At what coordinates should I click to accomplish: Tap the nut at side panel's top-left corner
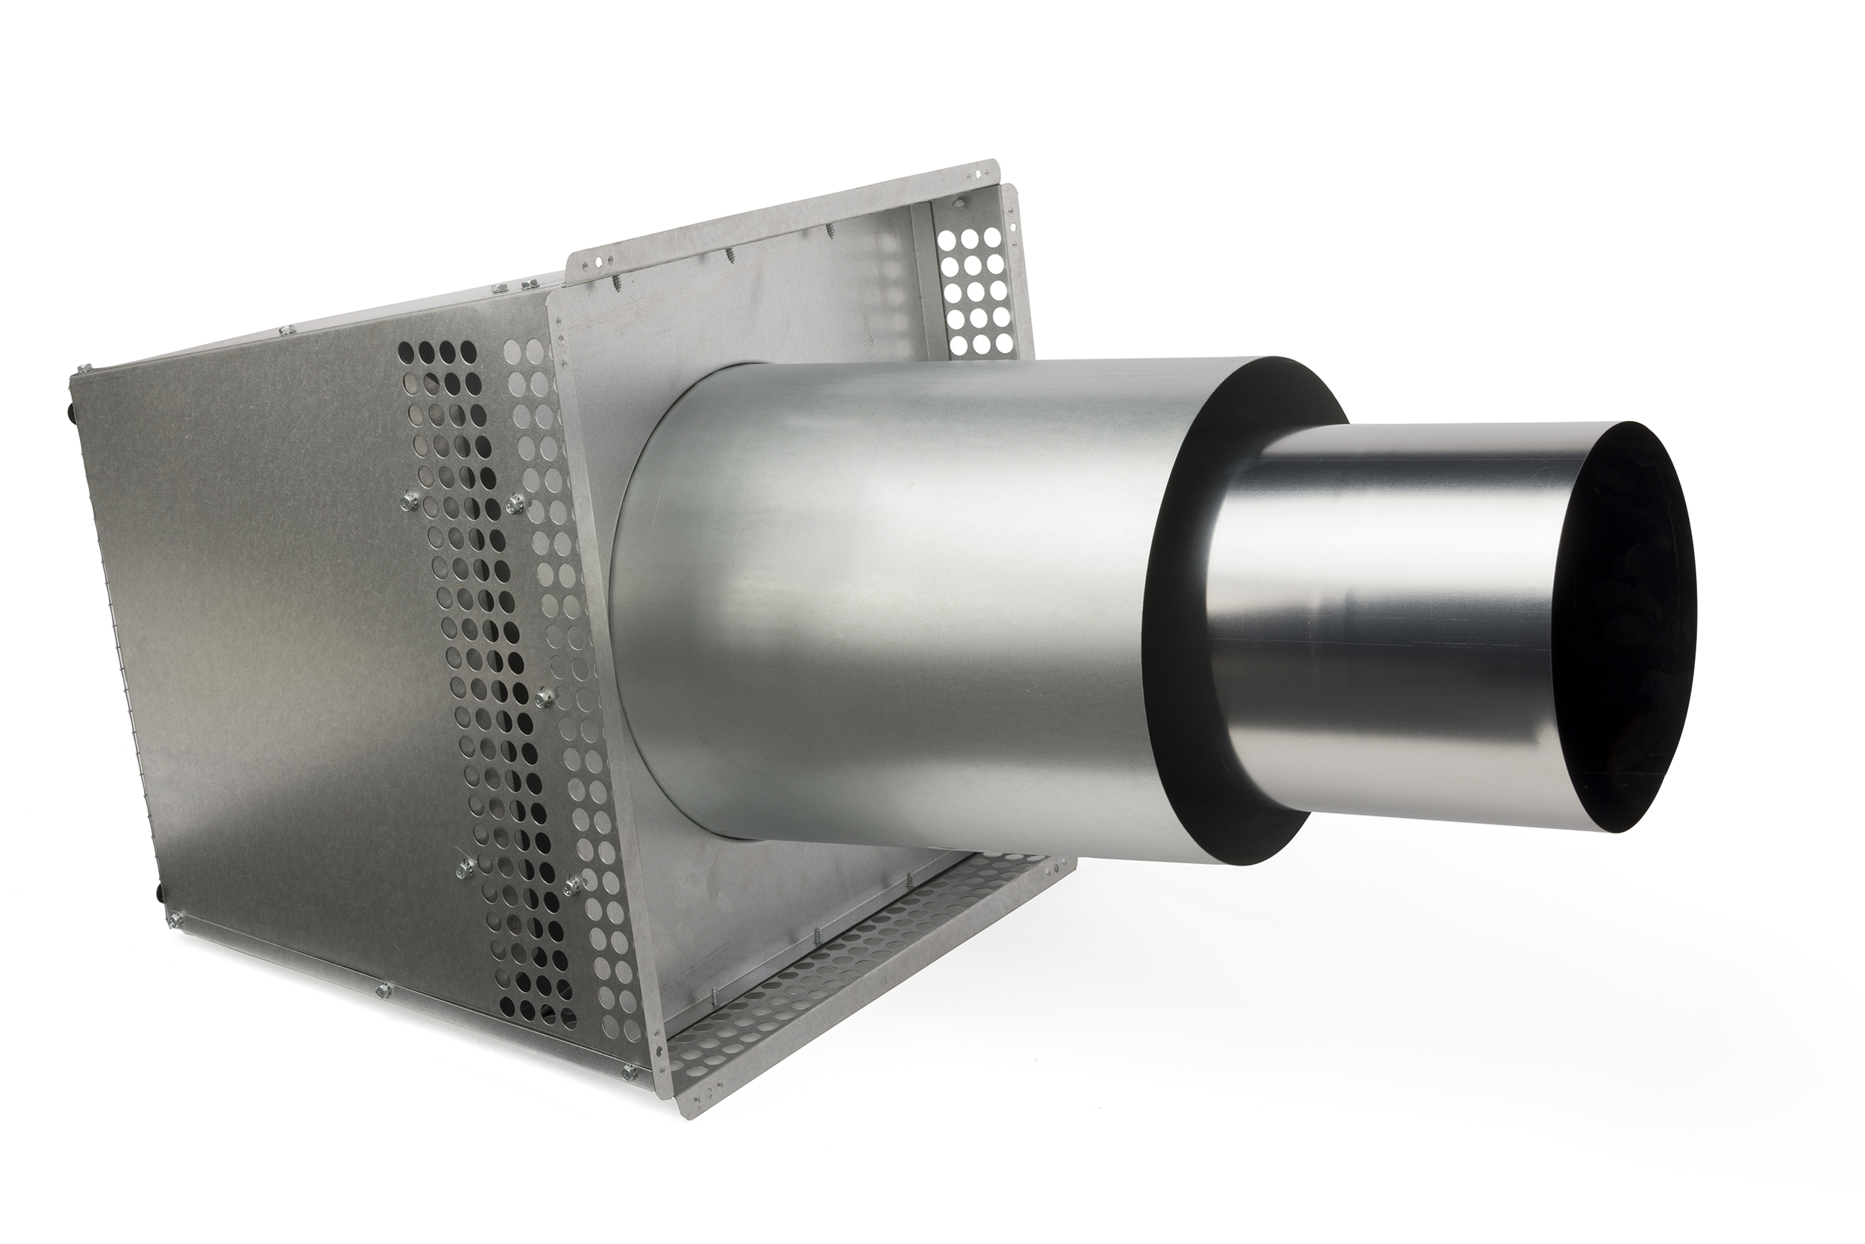pos(84,367)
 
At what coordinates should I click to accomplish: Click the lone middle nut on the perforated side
pos(543,696)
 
